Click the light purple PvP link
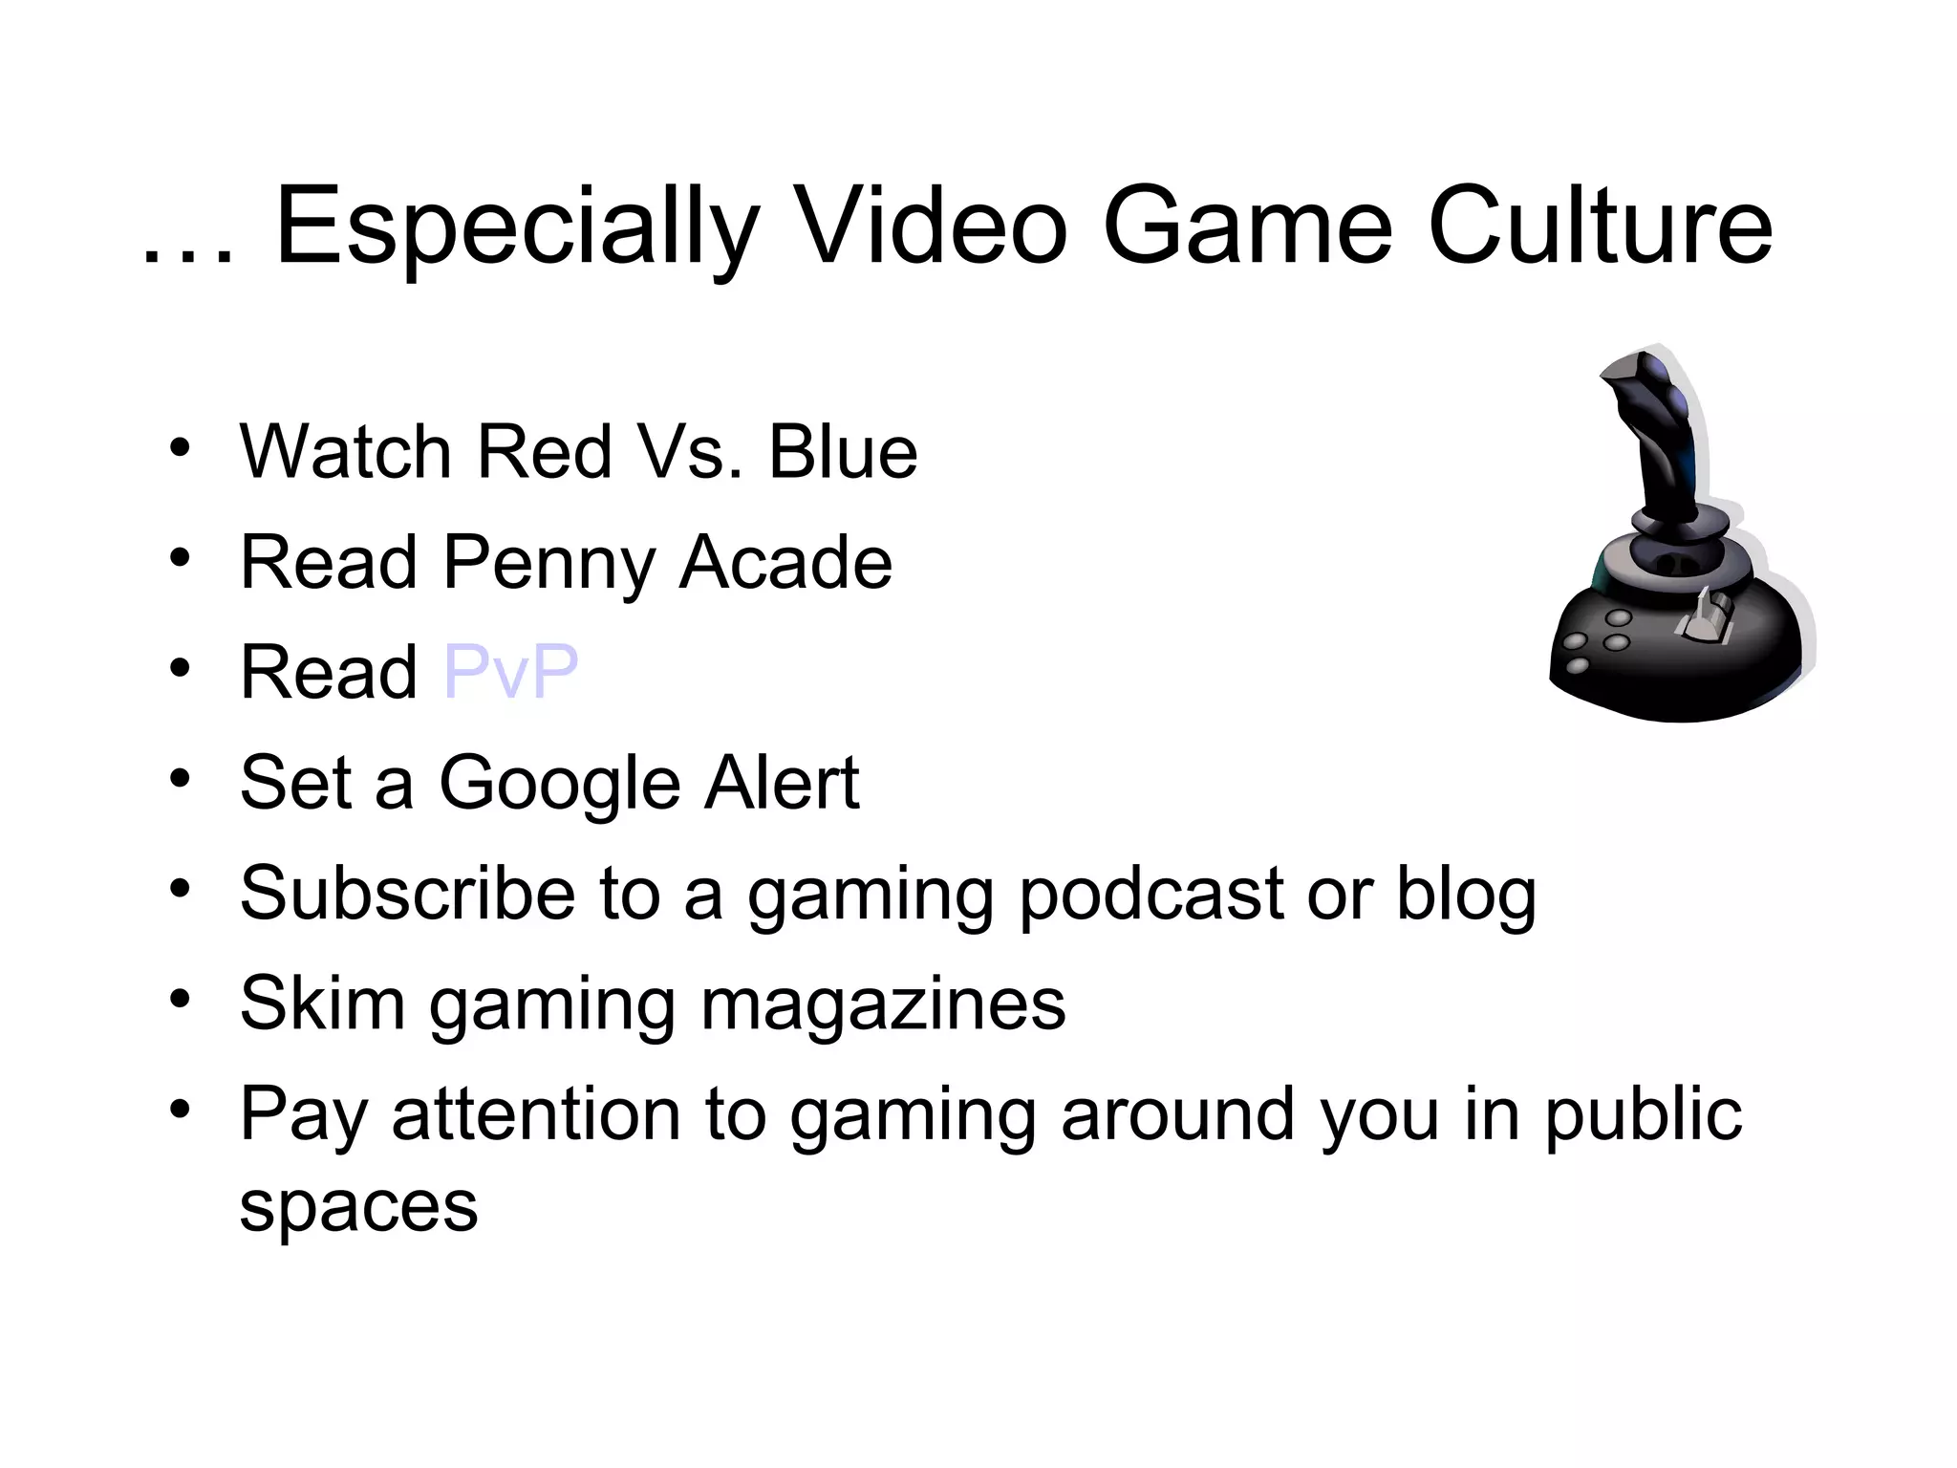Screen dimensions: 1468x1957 coord(511,671)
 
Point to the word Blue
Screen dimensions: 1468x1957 coord(843,451)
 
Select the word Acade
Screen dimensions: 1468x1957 coord(785,562)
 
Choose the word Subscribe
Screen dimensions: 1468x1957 coord(407,893)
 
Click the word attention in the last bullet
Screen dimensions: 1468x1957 coord(579,1114)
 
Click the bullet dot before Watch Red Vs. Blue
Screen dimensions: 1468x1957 coord(180,448)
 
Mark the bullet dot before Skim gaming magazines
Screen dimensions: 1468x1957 coord(180,1001)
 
